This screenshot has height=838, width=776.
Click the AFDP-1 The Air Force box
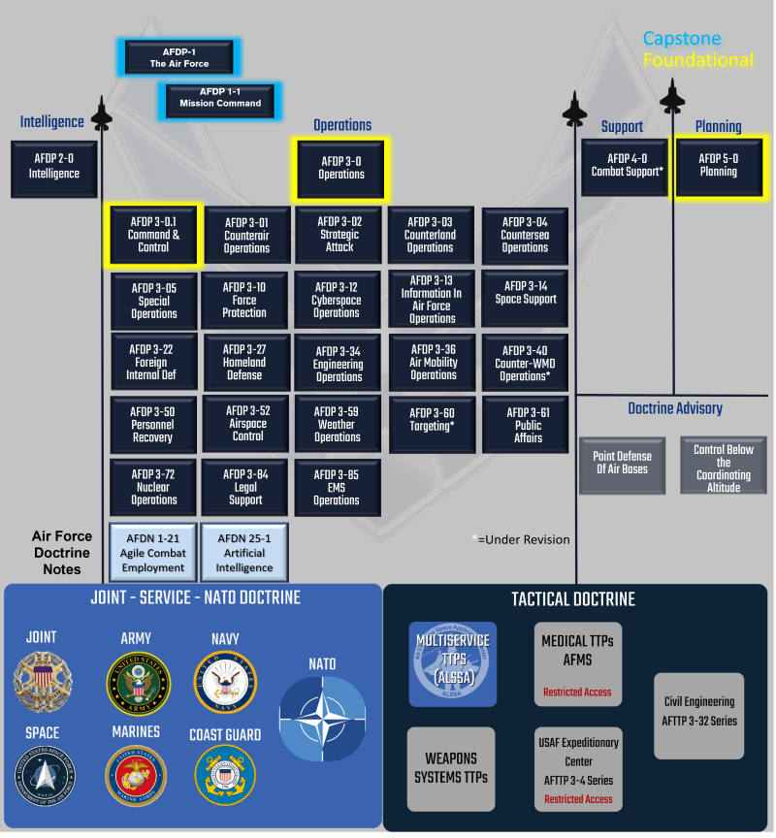(x=178, y=58)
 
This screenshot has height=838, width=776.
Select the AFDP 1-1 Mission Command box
(x=220, y=98)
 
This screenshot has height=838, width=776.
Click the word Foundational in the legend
(x=697, y=60)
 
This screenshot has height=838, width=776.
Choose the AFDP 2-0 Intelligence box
(x=53, y=168)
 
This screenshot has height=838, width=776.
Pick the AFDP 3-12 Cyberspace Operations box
(x=338, y=300)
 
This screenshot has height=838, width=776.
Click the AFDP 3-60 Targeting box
(x=432, y=421)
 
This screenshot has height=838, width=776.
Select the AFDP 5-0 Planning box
(x=718, y=166)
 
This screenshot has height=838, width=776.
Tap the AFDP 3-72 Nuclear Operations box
(x=153, y=487)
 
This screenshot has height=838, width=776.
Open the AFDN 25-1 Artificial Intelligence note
(x=244, y=552)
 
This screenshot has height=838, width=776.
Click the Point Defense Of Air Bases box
(x=622, y=463)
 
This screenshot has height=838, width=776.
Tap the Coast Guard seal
(x=225, y=775)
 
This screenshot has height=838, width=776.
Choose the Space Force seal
(x=42, y=775)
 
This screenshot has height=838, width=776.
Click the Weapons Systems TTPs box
(x=451, y=768)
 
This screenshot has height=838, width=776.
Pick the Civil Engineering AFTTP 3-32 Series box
(x=699, y=716)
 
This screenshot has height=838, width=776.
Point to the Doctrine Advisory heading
(x=674, y=408)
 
